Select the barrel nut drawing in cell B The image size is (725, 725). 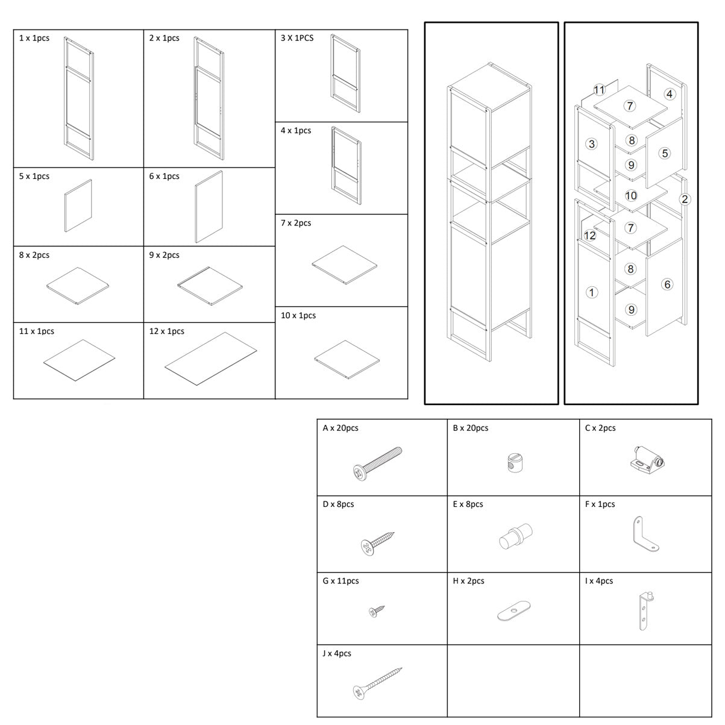click(514, 463)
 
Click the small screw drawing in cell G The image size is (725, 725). click(377, 611)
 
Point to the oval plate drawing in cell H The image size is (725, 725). click(513, 611)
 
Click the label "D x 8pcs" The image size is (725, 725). click(338, 504)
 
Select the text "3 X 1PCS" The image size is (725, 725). click(297, 38)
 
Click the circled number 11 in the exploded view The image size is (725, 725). click(599, 90)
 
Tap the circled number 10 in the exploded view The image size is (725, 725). click(631, 196)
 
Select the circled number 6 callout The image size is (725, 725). click(667, 284)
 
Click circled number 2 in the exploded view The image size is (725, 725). click(685, 199)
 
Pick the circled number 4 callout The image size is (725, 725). click(670, 94)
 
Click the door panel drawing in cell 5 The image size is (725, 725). click(78, 206)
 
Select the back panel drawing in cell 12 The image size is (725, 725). click(211, 359)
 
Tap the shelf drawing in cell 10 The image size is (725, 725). click(347, 360)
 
